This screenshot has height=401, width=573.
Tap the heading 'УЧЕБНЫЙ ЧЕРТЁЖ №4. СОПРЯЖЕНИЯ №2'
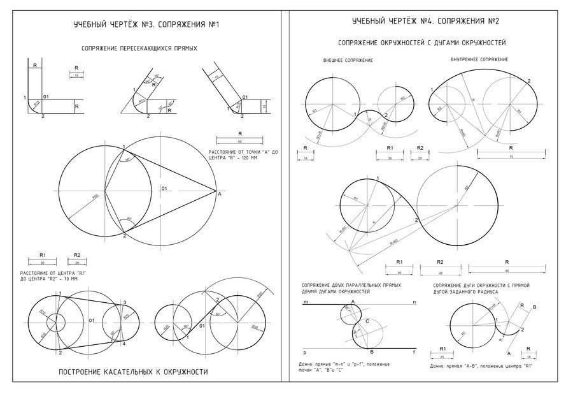pyautogui.click(x=425, y=22)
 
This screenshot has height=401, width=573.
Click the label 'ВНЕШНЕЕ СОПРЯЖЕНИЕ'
pyautogui.click(x=348, y=60)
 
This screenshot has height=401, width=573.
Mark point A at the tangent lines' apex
pyautogui.click(x=219, y=193)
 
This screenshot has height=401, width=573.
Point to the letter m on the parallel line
pyautogui.click(x=306, y=301)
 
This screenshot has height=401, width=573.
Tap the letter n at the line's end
pyautogui.click(x=414, y=301)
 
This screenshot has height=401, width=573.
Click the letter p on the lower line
pyautogui.click(x=306, y=352)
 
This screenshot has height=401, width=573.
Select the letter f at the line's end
pyautogui.click(x=414, y=352)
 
